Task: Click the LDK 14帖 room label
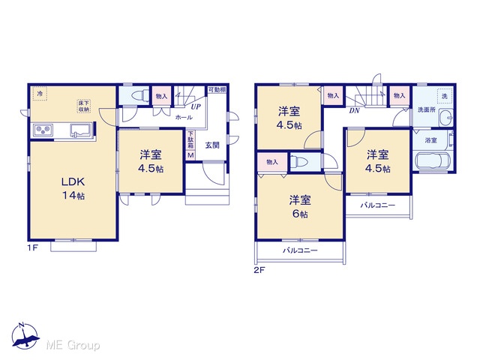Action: tap(73, 188)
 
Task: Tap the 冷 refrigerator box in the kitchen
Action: tap(40, 94)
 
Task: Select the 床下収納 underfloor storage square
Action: tap(83, 106)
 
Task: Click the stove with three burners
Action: tap(43, 130)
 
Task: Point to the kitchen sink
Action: tap(81, 129)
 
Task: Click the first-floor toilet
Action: tap(139, 95)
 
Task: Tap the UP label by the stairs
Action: tap(196, 106)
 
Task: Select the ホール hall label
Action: tap(184, 117)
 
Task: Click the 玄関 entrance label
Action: tap(212, 145)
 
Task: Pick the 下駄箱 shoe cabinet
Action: tap(190, 140)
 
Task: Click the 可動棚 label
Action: tap(217, 90)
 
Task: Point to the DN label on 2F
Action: tap(354, 110)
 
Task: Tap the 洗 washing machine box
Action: tap(444, 96)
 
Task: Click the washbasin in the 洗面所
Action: tap(445, 117)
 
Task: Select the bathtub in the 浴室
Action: tap(432, 160)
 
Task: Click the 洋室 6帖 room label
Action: tap(300, 207)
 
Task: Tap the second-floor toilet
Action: tap(298, 161)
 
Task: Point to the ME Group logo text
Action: tap(73, 345)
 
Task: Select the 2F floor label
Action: tap(259, 270)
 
